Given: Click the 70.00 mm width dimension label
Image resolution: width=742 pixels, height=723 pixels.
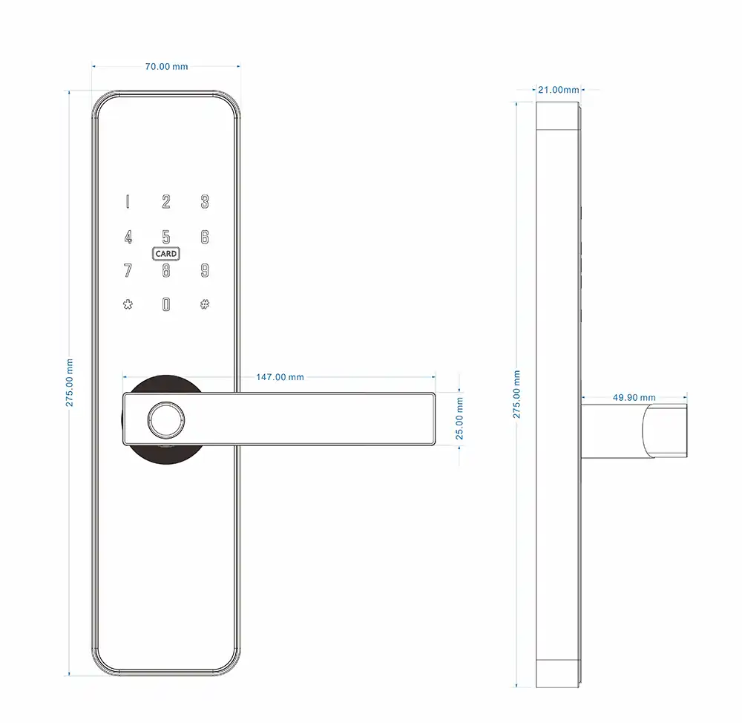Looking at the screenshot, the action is coord(166,67).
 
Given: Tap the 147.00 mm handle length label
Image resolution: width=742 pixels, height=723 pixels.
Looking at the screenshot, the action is coord(280,377).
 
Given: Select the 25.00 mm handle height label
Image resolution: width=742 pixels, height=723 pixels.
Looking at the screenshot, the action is coord(459,419).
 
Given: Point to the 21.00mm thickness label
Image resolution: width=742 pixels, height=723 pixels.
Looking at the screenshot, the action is coord(559,90).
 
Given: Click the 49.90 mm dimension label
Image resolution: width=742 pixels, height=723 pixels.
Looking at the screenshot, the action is coord(634,398).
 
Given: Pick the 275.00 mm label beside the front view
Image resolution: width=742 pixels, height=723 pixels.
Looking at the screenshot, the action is coord(70,382).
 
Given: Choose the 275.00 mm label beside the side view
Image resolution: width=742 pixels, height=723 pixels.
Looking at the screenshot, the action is coord(516,394).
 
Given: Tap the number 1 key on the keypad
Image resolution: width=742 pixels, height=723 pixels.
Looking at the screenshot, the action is coord(128,202).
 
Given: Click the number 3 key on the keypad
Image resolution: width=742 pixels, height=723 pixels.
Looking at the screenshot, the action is coord(205,202).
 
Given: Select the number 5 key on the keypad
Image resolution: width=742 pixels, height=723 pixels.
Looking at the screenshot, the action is coord(166,237).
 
